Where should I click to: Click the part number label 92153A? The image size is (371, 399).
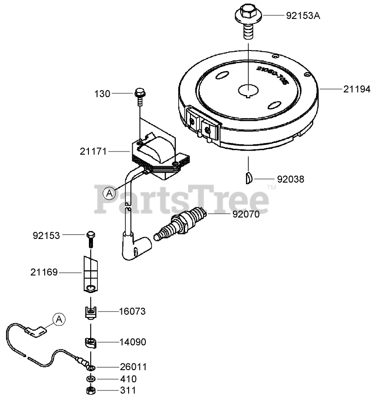pyautogui.click(x=303, y=16)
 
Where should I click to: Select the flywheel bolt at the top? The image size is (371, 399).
pyautogui.click(x=248, y=21)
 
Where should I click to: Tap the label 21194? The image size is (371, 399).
pyautogui.click(x=357, y=89)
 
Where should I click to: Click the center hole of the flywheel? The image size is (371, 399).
pyautogui.click(x=248, y=90)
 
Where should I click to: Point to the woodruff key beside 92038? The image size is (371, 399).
pyautogui.click(x=248, y=178)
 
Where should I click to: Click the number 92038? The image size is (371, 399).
pyautogui.click(x=291, y=179)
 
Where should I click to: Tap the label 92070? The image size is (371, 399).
pyautogui.click(x=246, y=214)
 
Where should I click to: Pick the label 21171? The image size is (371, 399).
pyautogui.click(x=93, y=151)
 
